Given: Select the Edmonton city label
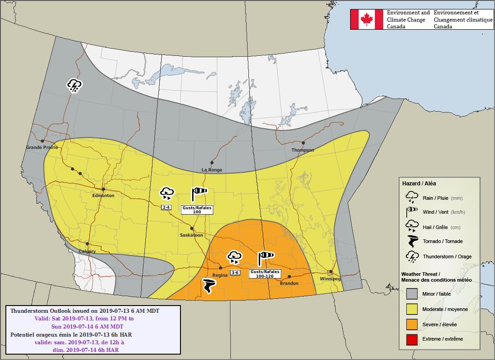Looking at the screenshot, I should coord(103,196).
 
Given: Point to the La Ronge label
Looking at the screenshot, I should coord(211,170).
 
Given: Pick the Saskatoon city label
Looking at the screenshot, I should coord(191,235).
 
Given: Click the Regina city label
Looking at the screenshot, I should coord(220,275).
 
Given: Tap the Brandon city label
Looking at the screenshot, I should coord(289,283).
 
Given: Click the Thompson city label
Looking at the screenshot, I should coord(302,150).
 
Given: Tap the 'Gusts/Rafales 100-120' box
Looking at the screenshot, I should coord(265,273).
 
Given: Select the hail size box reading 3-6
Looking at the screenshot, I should coord(235,273).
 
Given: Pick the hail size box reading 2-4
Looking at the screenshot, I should coord(166,207).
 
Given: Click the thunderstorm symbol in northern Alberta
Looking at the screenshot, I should coord(74,85).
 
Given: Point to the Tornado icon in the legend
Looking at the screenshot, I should coord(412,241).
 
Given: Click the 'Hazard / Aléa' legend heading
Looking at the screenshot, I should coord(419,184).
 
